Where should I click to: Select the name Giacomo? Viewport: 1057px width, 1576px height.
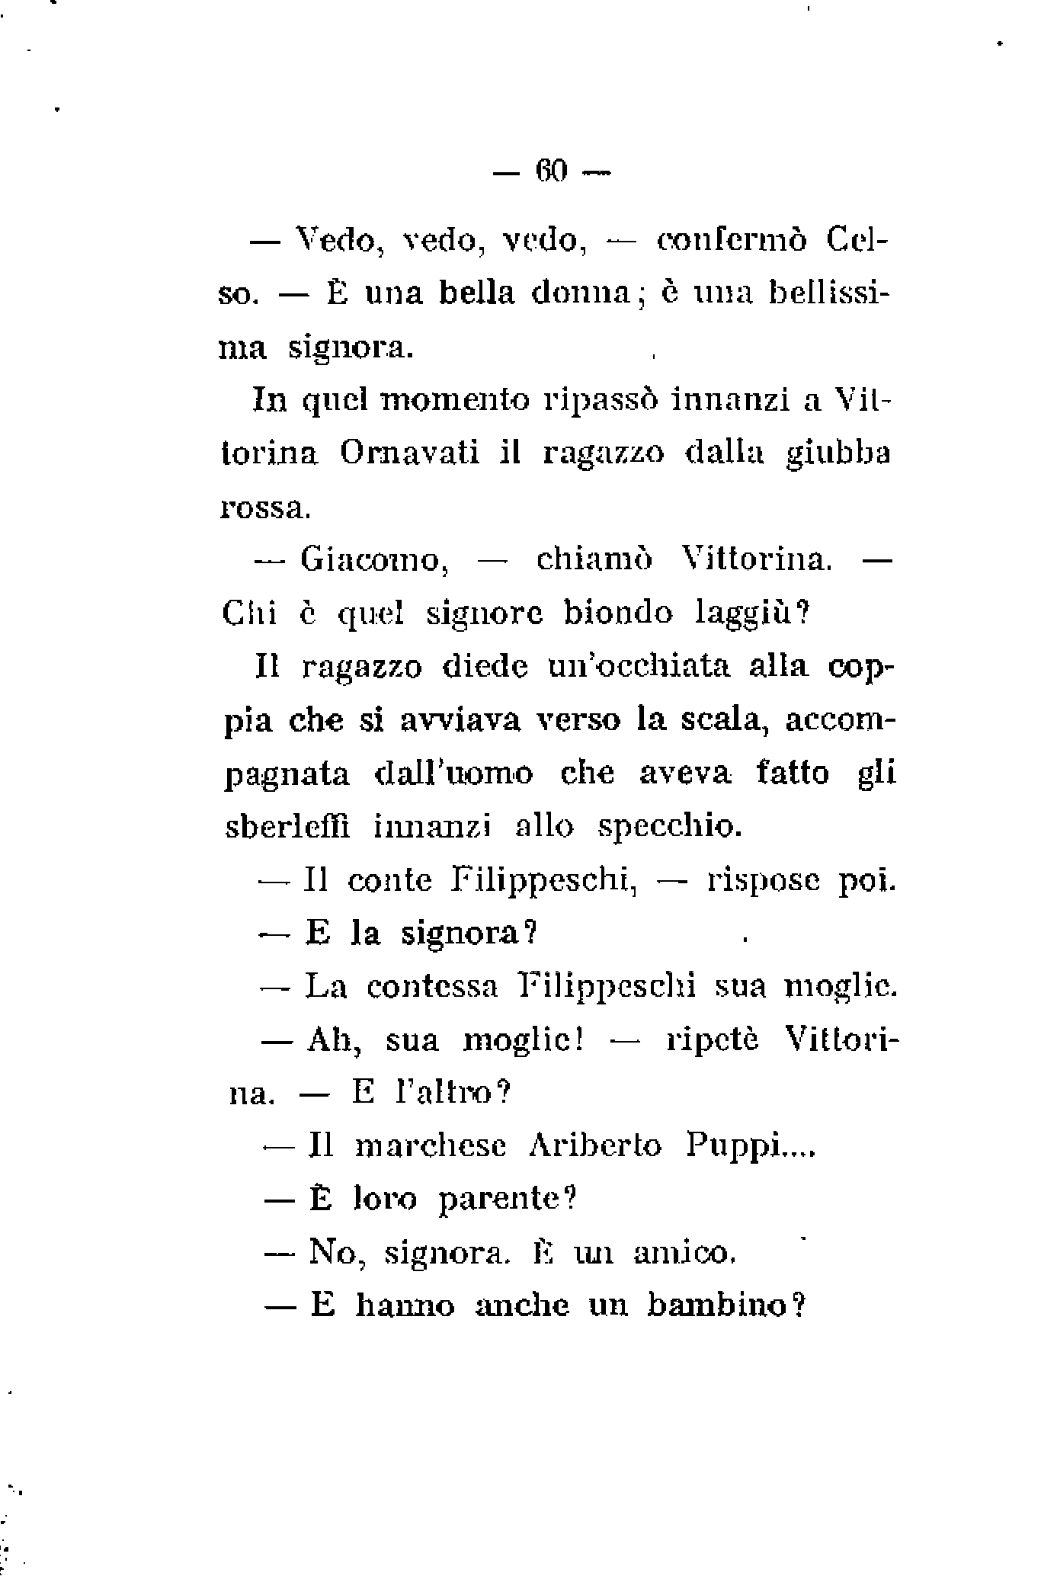[372, 560]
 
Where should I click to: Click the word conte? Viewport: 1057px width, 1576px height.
[389, 881]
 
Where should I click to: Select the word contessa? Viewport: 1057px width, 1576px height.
[432, 987]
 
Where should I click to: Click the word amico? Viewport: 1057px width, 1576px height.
[684, 1253]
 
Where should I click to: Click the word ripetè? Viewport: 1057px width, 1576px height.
[713, 1040]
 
